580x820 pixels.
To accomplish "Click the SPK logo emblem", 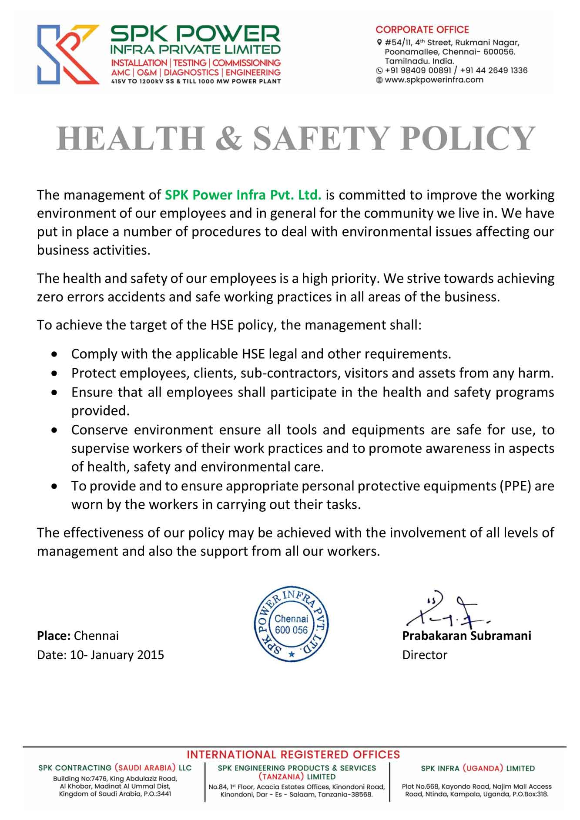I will tap(67, 54).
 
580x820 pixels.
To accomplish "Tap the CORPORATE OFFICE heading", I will tap(422, 30).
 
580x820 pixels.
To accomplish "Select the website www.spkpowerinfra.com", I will tap(434, 80).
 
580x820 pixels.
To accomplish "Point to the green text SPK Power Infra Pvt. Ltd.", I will tap(243, 195).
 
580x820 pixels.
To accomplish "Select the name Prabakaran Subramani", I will tap(466, 636).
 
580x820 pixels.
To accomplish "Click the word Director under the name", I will tap(425, 655).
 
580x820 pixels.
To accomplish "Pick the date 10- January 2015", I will tap(117, 655).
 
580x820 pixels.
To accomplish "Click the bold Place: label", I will tap(54, 636).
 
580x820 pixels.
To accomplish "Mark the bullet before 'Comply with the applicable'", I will tap(54, 354).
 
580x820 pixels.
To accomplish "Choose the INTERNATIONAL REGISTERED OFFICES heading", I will tap(293, 754).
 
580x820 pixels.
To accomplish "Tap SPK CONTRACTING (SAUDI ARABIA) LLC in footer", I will tap(115, 768).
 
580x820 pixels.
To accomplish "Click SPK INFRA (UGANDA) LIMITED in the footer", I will tap(478, 768).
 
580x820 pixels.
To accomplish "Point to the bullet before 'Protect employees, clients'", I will tap(54, 373).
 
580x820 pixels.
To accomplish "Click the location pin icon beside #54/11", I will tap(379, 43).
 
